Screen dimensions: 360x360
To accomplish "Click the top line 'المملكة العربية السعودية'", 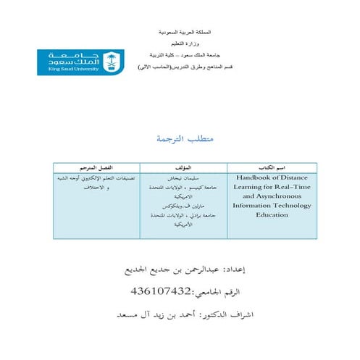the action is (189, 34).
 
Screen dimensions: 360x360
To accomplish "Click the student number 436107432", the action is (161, 291).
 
